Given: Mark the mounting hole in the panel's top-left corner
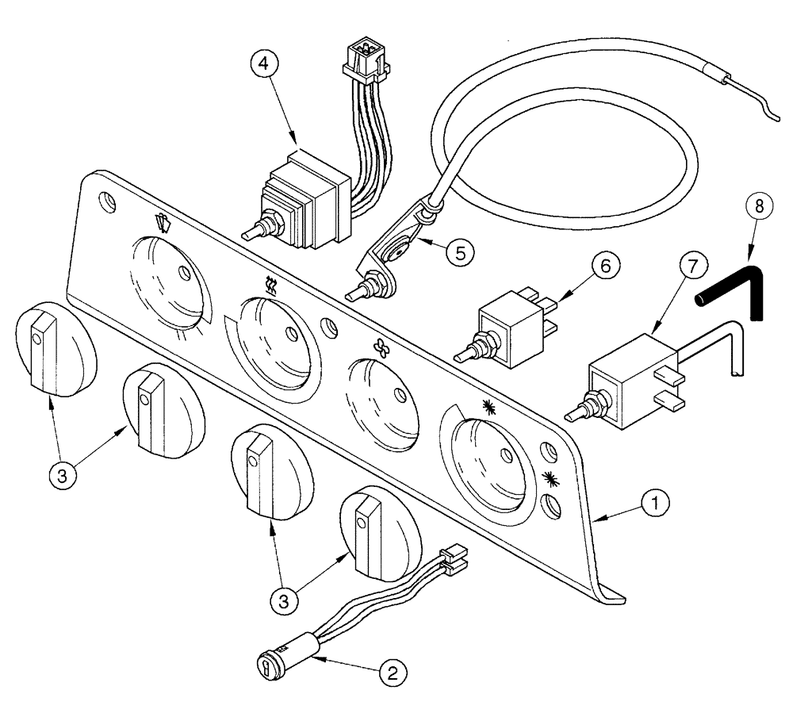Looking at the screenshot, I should pyautogui.click(x=104, y=198).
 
